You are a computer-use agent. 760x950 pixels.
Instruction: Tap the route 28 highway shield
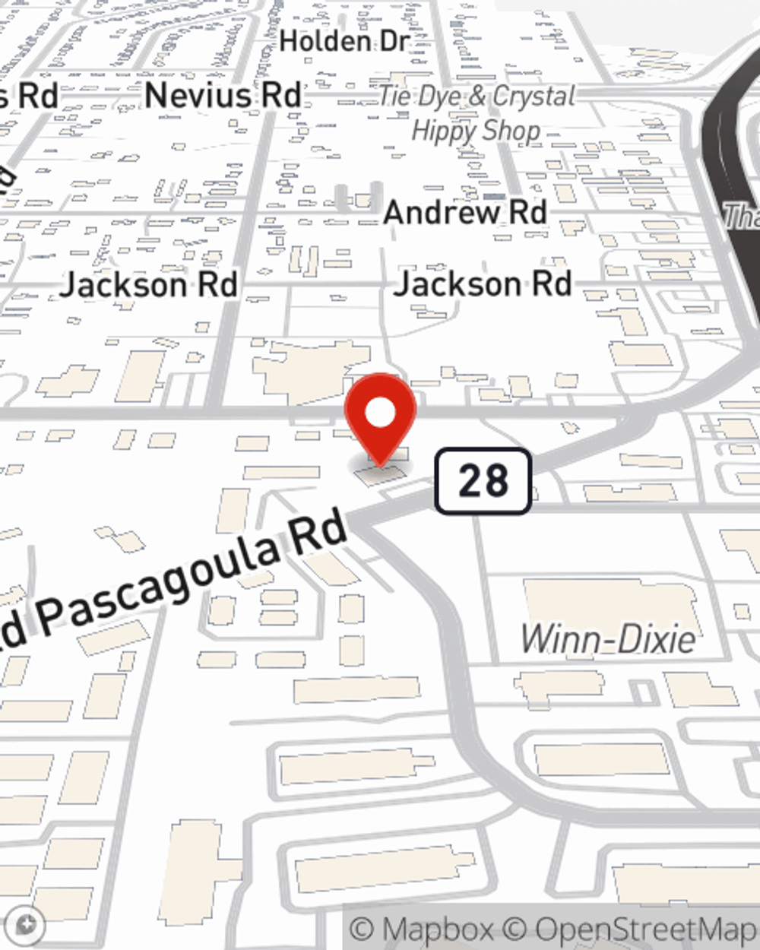tap(483, 481)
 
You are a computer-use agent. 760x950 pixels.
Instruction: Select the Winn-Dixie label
tap(608, 638)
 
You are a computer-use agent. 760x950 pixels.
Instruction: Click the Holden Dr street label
tap(344, 41)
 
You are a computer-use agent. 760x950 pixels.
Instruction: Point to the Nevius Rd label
tap(223, 96)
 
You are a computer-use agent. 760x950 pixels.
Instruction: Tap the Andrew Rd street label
tap(465, 212)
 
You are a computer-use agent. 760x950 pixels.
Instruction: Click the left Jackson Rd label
tap(149, 285)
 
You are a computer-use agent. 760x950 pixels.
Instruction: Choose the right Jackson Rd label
tap(483, 283)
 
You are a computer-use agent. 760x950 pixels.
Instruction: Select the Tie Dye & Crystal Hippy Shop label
tap(477, 113)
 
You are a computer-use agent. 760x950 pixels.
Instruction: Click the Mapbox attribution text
tap(423, 929)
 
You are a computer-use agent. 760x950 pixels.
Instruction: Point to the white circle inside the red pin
tap(380, 413)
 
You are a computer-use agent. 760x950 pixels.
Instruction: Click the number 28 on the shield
tap(483, 481)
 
